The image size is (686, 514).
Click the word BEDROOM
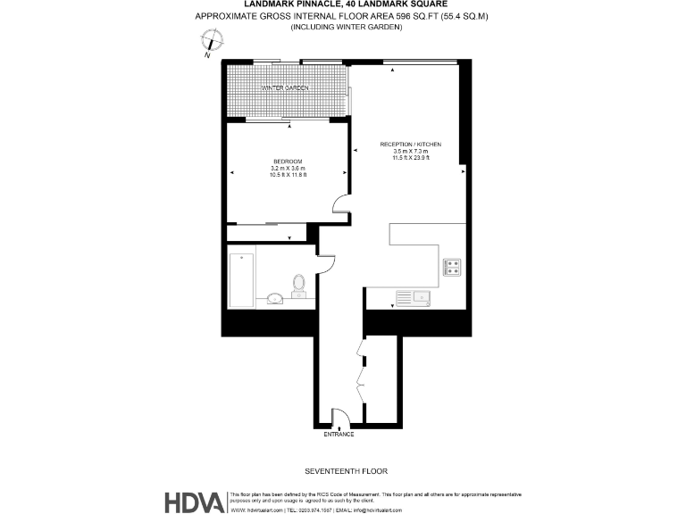click(288, 161)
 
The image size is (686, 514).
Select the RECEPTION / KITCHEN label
click(410, 145)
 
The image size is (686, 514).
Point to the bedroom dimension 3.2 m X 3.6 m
click(288, 168)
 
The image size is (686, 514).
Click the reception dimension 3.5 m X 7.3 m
click(411, 152)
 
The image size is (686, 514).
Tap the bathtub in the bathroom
click(241, 279)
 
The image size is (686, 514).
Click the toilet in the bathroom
click(298, 286)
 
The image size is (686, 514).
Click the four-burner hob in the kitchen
click(452, 265)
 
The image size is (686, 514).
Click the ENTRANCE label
click(339, 435)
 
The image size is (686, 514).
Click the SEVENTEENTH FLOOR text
click(345, 470)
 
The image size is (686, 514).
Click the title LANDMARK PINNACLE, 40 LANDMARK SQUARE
click(346, 4)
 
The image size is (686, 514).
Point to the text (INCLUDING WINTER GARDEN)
click(346, 28)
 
